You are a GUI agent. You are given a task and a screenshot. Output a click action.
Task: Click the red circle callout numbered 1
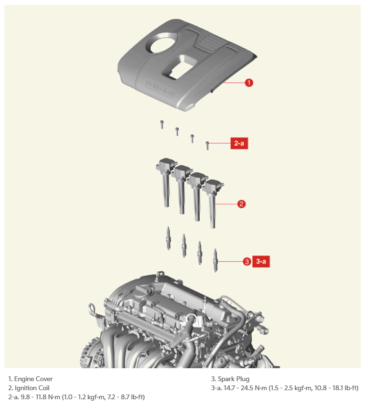[x=249, y=83]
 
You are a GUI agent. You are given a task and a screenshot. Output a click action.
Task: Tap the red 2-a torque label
[x=239, y=143]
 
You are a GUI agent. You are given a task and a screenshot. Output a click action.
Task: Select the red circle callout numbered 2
[x=241, y=204]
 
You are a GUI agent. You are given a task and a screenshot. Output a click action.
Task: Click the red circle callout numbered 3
[x=247, y=262]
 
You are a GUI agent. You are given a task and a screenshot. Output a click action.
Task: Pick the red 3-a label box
[x=261, y=261]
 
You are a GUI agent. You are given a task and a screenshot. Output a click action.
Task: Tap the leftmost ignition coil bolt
[x=161, y=124]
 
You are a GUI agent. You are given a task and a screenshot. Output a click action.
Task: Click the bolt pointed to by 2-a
[x=207, y=145]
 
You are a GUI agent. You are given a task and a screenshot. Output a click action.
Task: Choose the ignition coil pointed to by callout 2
[x=213, y=203]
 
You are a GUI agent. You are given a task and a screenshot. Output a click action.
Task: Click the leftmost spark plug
[x=168, y=238]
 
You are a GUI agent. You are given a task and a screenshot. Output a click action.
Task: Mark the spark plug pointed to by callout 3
[x=215, y=260]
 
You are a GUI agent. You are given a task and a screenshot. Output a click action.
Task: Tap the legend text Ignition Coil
[x=32, y=388]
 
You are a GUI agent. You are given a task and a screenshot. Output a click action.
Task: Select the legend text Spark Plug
[x=234, y=379]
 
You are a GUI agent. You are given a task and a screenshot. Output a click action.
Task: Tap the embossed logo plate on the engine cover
[x=160, y=88]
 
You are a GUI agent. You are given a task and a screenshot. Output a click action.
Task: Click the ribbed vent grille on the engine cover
[x=209, y=42]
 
